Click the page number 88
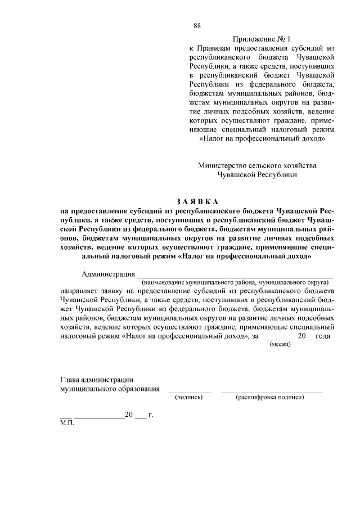pos(197,26)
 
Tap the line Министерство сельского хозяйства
pos(257,165)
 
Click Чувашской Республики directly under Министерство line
pos(257,174)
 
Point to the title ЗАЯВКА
pos(196,201)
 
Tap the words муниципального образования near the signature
pos(110,389)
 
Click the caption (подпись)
pos(189,397)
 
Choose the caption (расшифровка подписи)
pos(271,397)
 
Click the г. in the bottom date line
pos(150,415)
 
